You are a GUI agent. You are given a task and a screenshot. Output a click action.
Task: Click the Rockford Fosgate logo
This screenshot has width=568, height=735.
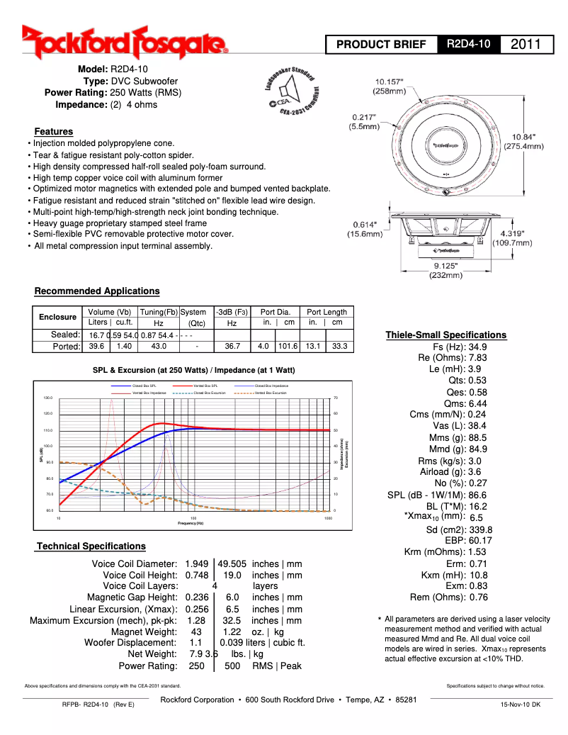(x=124, y=42)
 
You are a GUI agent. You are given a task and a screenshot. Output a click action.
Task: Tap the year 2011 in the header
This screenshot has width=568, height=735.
(x=526, y=45)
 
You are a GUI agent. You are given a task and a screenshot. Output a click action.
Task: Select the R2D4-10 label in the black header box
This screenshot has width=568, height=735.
(x=469, y=45)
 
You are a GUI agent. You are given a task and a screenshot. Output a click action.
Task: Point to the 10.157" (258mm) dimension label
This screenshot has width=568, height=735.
(x=390, y=86)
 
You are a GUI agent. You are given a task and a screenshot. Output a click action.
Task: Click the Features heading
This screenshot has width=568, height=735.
(x=54, y=131)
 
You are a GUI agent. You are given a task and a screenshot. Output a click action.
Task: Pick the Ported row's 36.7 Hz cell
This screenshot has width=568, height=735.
(x=232, y=347)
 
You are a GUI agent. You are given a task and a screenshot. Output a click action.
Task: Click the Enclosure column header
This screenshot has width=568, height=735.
(x=57, y=317)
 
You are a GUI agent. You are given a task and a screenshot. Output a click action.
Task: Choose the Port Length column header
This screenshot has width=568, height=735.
(x=326, y=312)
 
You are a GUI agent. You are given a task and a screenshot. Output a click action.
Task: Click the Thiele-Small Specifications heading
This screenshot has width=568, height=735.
(x=445, y=335)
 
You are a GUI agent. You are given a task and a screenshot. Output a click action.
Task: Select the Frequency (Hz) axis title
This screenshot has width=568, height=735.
(x=190, y=523)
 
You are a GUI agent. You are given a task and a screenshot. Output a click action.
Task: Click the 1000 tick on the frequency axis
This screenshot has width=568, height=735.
(x=328, y=518)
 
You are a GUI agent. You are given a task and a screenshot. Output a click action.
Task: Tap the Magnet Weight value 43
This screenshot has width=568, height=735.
(x=196, y=632)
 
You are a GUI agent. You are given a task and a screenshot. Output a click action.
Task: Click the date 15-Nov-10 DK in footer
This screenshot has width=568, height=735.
(x=520, y=705)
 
